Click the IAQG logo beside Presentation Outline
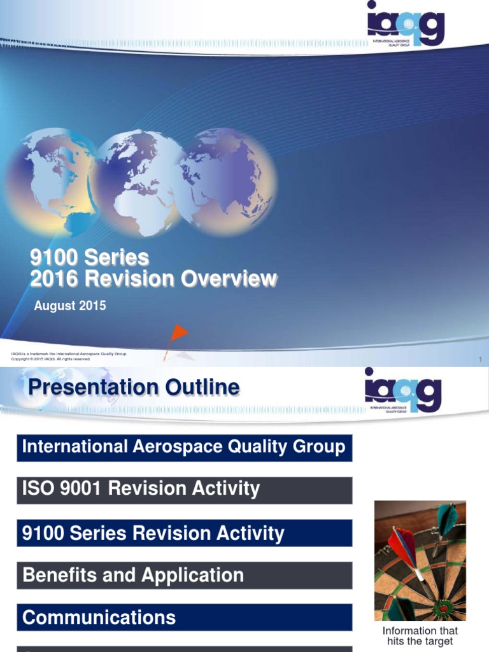click(x=403, y=390)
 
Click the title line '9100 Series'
click(x=90, y=258)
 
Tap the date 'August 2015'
click(x=70, y=306)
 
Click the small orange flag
click(x=179, y=332)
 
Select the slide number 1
click(x=480, y=361)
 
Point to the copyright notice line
click(x=51, y=359)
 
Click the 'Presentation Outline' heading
click(x=133, y=387)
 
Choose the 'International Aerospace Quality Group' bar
click(x=184, y=447)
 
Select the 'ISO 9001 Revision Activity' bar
click(x=184, y=490)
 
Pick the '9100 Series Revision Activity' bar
click(x=184, y=533)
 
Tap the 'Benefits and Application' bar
click(x=184, y=576)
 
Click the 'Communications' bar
click(x=184, y=618)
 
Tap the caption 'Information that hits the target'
click(x=420, y=636)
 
